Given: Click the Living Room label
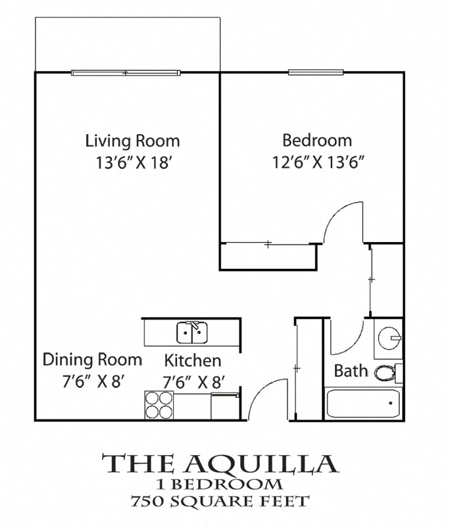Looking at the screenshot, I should pyautogui.click(x=132, y=141).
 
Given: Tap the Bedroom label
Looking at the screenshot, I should pyautogui.click(x=317, y=140).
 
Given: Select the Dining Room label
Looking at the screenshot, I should pyautogui.click(x=92, y=360).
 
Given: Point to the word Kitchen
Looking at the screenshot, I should pyautogui.click(x=192, y=360).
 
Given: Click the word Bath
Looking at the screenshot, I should pyautogui.click(x=351, y=370).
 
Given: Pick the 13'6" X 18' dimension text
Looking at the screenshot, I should pyautogui.click(x=133, y=162).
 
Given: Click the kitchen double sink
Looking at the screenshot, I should pyautogui.click(x=192, y=333).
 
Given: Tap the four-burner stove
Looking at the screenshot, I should pyautogui.click(x=159, y=405).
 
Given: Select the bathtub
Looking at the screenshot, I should pyautogui.click(x=363, y=402).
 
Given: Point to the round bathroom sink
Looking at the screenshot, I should pyautogui.click(x=389, y=338).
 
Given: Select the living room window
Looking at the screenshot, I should pyautogui.click(x=124, y=72).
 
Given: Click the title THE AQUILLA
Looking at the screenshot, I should pyautogui.click(x=221, y=464).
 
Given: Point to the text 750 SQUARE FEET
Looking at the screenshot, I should pyautogui.click(x=221, y=502).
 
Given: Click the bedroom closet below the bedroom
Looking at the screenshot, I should pyautogui.click(x=268, y=256).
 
